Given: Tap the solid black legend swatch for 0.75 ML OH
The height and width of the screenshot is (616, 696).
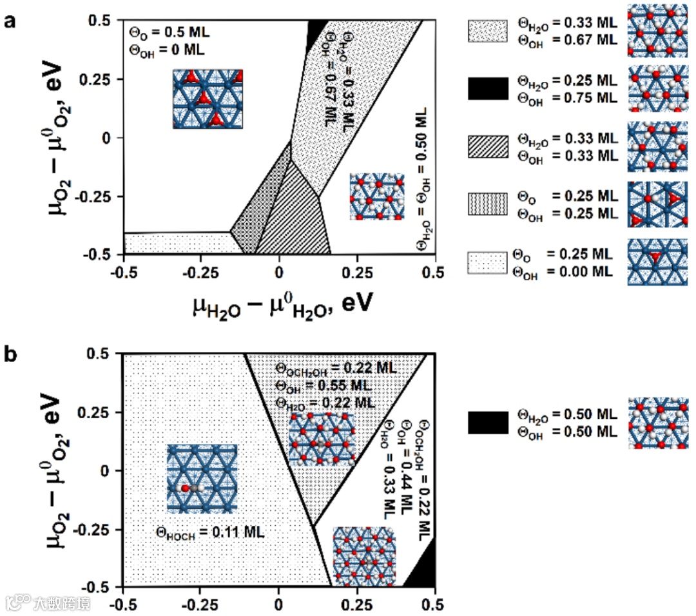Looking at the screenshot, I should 487,88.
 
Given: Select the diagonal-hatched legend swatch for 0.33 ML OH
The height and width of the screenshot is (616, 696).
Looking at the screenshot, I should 487,147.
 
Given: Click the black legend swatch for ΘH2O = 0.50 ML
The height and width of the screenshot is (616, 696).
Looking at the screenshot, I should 487,423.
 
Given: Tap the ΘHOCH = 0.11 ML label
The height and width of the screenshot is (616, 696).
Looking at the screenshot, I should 210,532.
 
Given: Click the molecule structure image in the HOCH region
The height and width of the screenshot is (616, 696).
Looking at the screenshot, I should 202,478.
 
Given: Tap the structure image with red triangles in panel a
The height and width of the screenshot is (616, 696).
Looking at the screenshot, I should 207,99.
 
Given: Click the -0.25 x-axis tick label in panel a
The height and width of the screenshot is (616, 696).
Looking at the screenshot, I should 200,271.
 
